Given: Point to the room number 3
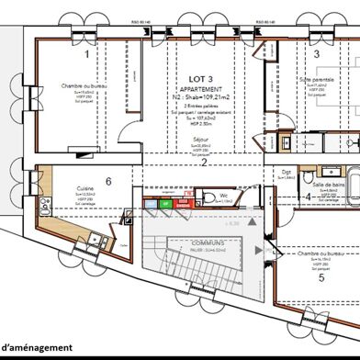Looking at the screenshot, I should (316, 55).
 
